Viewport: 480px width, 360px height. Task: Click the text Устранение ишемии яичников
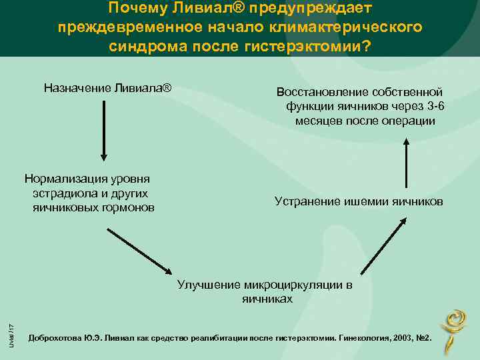(358, 201)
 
